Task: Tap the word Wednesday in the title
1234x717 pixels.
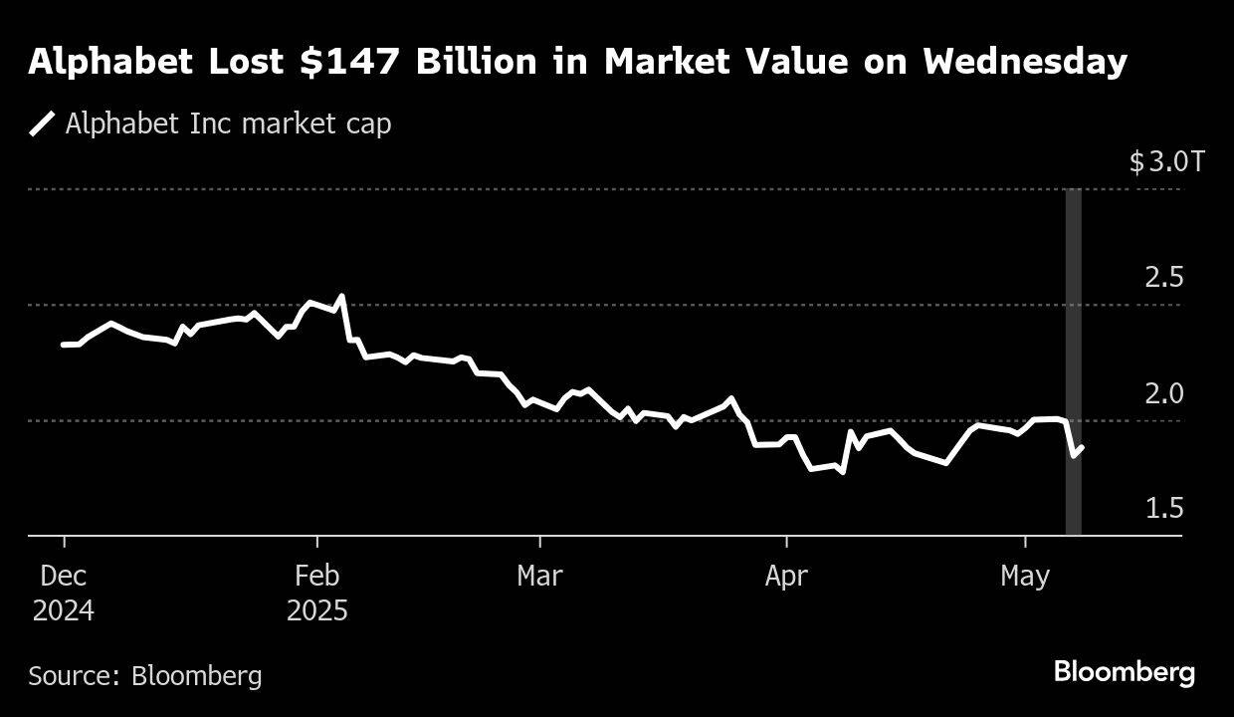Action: tap(1024, 63)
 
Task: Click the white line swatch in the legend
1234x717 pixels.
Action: tap(42, 123)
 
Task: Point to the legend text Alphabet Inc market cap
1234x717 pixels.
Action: tap(228, 123)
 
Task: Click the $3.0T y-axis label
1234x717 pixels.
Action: tap(1166, 161)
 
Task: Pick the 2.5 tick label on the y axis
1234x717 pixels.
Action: tap(1164, 277)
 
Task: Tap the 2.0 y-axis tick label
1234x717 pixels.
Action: tap(1164, 393)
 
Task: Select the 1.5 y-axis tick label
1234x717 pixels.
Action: tap(1164, 509)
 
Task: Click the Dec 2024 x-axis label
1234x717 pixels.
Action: tap(64, 593)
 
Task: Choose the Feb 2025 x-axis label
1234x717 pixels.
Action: tap(317, 593)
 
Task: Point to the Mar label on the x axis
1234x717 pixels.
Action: tap(539, 577)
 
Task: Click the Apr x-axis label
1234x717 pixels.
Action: tap(786, 577)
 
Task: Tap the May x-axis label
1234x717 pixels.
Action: tap(1025, 577)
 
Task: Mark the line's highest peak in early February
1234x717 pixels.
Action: tap(341, 296)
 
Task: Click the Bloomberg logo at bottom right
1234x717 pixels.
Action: tap(1124, 672)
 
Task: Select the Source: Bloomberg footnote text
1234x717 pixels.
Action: tap(145, 676)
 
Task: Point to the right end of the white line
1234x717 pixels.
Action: tap(1082, 448)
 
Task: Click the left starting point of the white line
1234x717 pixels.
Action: tap(63, 345)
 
